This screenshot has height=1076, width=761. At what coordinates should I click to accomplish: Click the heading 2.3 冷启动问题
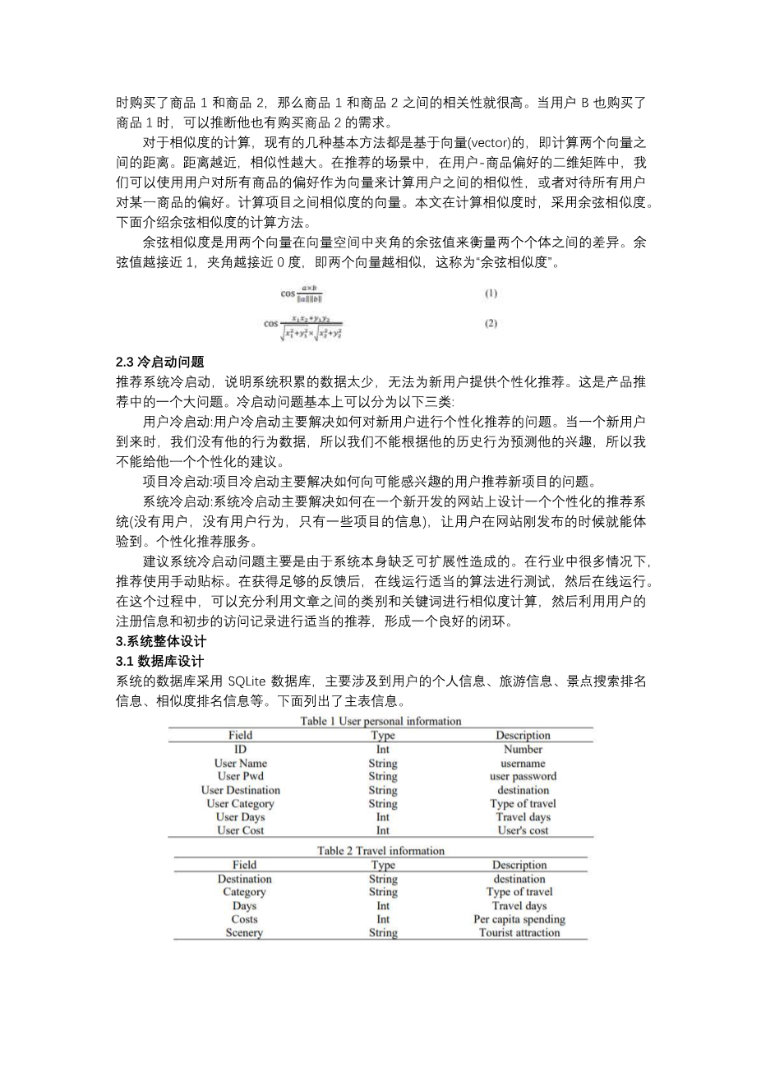pos(160,362)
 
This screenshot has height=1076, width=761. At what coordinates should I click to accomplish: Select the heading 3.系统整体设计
pos(161,641)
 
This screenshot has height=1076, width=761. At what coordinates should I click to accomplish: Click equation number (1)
pos(491,293)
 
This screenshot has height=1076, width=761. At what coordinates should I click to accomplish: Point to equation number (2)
pos(491,324)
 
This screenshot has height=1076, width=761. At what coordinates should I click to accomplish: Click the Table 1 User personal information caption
pos(381,721)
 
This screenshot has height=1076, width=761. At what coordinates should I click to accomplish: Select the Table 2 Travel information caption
pos(380,851)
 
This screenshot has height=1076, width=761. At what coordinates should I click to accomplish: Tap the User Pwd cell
pos(240,776)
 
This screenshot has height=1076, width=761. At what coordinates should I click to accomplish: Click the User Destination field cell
pos(240,790)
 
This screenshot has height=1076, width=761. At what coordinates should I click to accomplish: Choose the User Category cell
pos(240,803)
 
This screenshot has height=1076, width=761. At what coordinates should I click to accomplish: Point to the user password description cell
pos(523,776)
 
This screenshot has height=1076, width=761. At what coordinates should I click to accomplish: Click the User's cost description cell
pos(523,830)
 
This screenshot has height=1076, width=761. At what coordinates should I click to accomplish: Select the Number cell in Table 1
pos(523,749)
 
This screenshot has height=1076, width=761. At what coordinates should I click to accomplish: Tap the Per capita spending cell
pos(519,919)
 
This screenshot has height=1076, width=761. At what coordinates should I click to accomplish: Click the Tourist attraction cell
pos(519,932)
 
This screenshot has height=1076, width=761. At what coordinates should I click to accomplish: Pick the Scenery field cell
pos(244,932)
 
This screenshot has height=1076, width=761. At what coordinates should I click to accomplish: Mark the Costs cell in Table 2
pos(244,919)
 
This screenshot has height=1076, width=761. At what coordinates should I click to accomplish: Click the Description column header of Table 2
pos(519,865)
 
